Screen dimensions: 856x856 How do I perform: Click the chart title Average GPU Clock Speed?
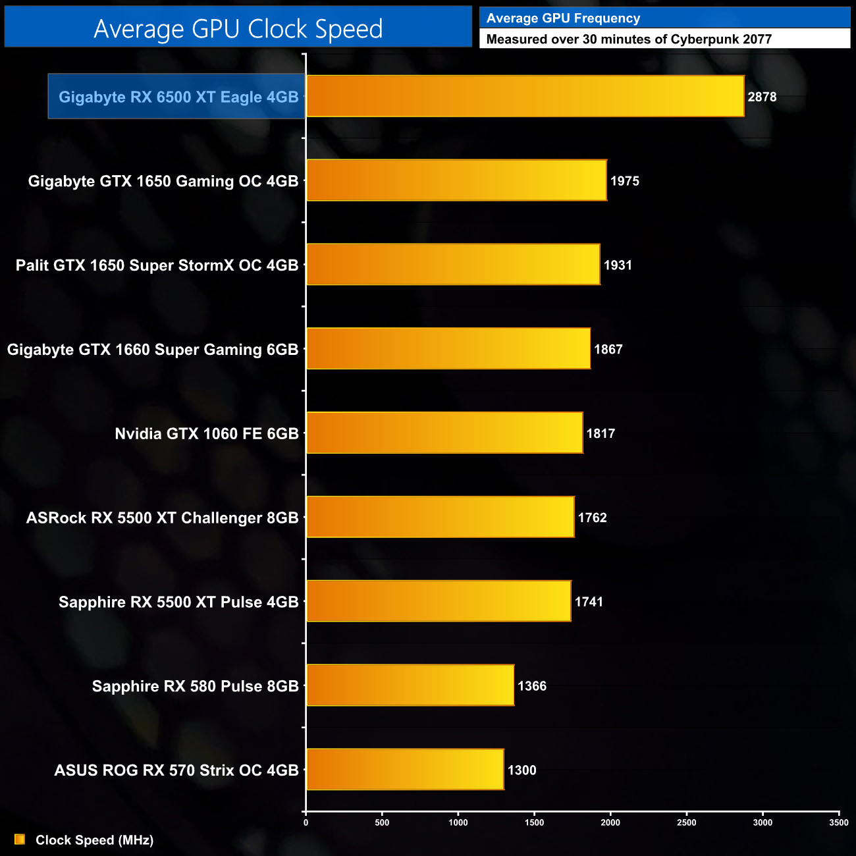point(238,28)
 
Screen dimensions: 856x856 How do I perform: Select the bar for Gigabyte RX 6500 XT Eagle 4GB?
point(525,96)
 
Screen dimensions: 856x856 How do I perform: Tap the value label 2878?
point(762,97)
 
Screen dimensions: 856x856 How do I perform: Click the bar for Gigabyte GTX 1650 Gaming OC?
point(456,180)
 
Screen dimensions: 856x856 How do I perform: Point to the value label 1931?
point(618,265)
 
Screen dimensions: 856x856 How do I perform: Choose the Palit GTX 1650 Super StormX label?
point(157,265)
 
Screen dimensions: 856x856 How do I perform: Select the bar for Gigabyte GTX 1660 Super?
point(448,348)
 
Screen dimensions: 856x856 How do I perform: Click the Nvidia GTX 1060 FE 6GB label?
point(207,434)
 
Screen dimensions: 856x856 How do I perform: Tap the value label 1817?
point(601,434)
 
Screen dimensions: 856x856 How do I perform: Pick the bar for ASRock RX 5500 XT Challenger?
point(440,517)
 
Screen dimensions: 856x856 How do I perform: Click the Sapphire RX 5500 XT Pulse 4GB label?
point(178,602)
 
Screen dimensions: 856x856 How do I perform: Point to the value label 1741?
point(589,602)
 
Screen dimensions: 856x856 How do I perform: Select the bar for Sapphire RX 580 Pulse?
point(410,685)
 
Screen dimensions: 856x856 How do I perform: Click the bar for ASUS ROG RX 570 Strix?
point(405,769)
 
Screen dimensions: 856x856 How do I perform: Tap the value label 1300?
point(522,770)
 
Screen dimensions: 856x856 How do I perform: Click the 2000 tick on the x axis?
point(610,822)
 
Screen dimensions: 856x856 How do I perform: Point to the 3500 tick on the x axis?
point(839,822)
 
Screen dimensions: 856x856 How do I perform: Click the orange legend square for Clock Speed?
point(20,840)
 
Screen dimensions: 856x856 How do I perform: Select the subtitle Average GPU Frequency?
point(563,18)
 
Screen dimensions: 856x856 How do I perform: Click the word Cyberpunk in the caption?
point(701,40)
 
